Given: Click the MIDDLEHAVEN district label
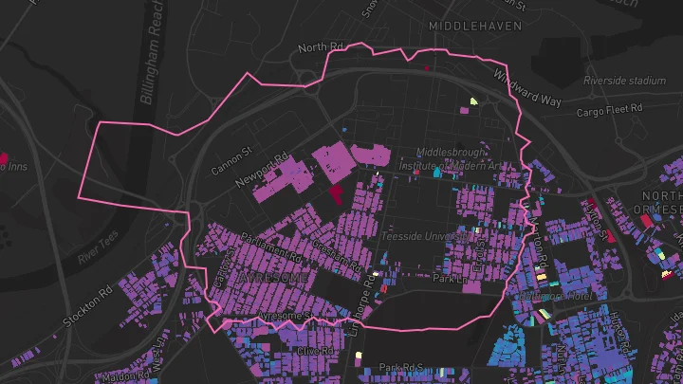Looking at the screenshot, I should click(474, 26).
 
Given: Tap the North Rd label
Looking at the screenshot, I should click(320, 47).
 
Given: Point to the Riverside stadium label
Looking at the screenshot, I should click(623, 81).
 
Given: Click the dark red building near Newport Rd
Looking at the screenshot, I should click(337, 194).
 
